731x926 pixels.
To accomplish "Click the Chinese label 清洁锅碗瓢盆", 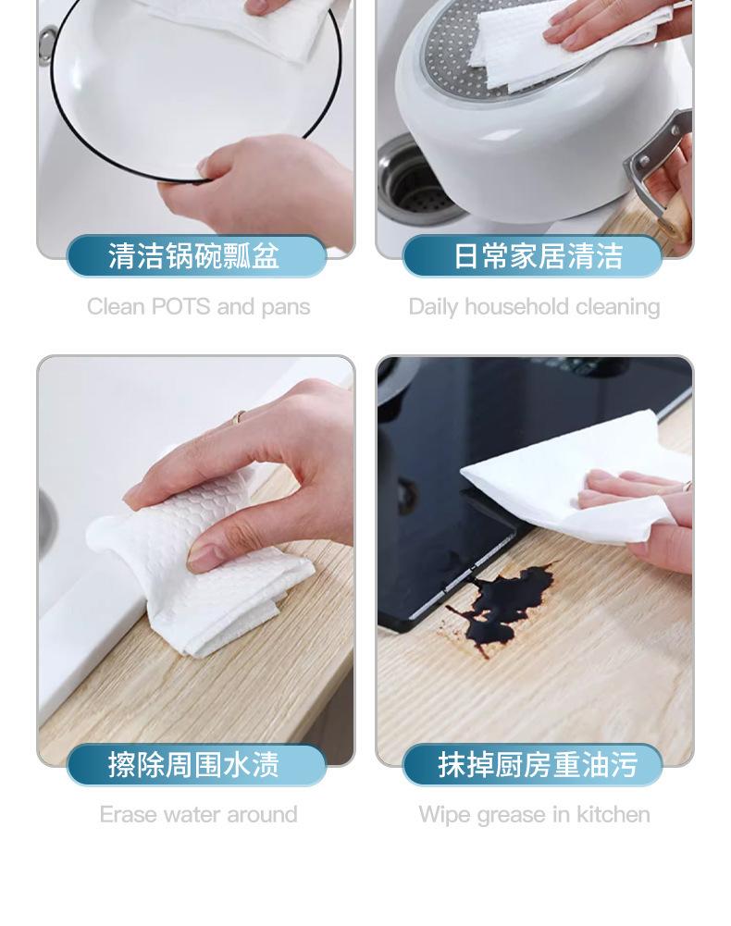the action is click(193, 256).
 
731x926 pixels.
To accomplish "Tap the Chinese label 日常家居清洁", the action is click(538, 256).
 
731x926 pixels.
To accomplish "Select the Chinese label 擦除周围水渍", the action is click(193, 765).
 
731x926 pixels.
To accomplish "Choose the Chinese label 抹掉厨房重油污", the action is click(538, 765).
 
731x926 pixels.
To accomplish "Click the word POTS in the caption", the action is click(180, 306).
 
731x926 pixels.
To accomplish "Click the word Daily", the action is click(433, 307).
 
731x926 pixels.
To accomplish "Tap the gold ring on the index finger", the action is click(239, 417).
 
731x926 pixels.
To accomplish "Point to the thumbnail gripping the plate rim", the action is click(204, 167).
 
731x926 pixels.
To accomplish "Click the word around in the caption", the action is click(262, 814).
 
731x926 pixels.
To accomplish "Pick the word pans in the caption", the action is click(286, 308).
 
